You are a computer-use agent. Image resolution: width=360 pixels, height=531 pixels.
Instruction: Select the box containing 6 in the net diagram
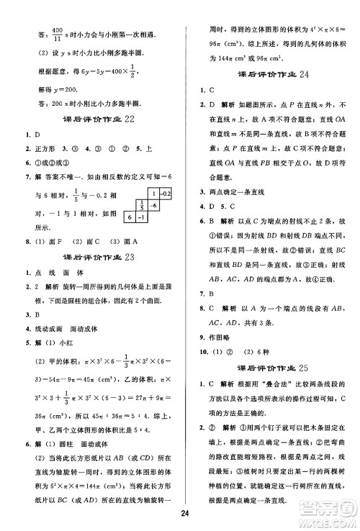130,217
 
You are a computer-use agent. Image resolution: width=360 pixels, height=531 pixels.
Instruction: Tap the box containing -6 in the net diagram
154,204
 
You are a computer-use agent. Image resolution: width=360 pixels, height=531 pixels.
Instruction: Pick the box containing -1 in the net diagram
142,217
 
